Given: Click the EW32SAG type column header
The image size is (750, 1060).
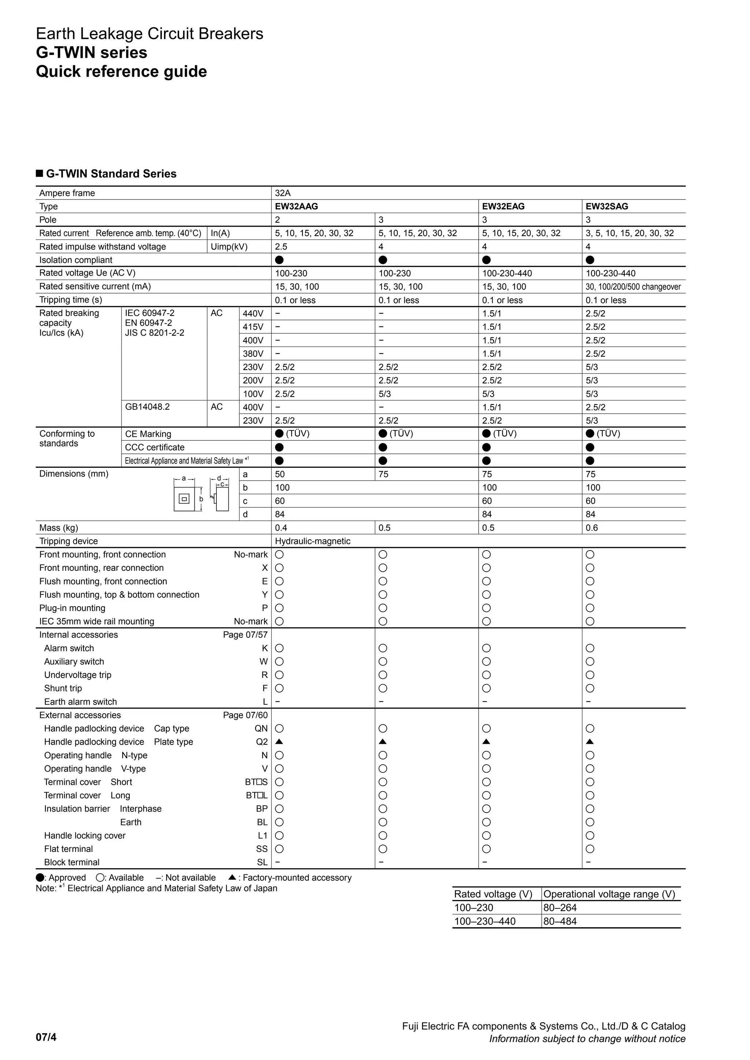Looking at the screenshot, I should pyautogui.click(x=606, y=206).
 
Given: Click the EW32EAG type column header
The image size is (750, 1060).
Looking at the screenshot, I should pyautogui.click(x=503, y=206).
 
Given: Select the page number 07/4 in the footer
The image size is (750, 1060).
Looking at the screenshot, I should pyautogui.click(x=46, y=1037).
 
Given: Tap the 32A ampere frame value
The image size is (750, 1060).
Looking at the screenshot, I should pyautogui.click(x=283, y=193).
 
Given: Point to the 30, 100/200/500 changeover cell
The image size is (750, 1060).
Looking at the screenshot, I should pyautogui.click(x=633, y=287).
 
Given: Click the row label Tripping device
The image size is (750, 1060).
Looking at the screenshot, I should pyautogui.click(x=68, y=541).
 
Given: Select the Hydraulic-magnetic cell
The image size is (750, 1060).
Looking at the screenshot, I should pyautogui.click(x=313, y=541).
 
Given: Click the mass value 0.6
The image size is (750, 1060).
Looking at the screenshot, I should pyautogui.click(x=591, y=528).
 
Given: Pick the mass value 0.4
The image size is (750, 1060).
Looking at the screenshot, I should pyautogui.click(x=281, y=528).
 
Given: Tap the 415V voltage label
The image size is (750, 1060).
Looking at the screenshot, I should pyautogui.click(x=253, y=327).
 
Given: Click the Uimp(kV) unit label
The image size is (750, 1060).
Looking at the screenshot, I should pyautogui.click(x=229, y=247).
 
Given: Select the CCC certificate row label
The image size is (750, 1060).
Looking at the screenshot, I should pyautogui.click(x=155, y=447).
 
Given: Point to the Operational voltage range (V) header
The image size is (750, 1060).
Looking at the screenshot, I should pyautogui.click(x=609, y=894).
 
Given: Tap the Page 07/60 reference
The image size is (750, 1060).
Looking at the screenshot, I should pyautogui.click(x=245, y=715).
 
